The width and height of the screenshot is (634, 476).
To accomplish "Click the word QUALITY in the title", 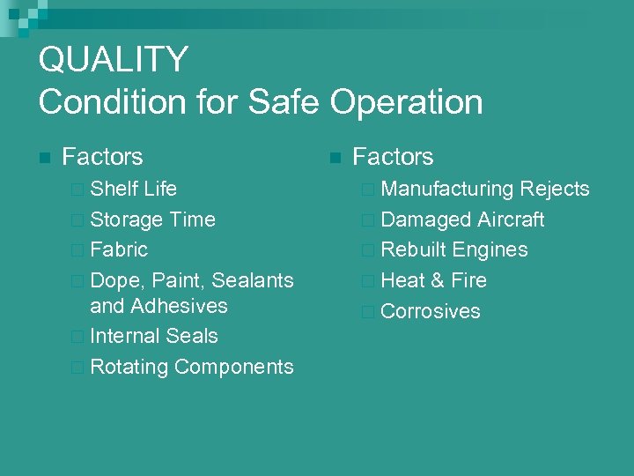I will (x=114, y=60).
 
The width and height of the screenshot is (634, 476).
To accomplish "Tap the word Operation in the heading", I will (x=408, y=102).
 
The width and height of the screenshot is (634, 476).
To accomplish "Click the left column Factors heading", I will (x=102, y=157).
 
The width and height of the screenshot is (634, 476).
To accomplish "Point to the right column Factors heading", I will (x=393, y=157).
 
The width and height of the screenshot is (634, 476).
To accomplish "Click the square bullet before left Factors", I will (x=45, y=159).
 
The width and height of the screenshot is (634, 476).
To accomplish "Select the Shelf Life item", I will (x=133, y=189).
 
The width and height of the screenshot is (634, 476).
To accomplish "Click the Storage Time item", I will (x=152, y=219).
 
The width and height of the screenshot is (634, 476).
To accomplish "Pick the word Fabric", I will (x=119, y=249).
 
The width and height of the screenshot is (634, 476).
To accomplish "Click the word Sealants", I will (x=254, y=280).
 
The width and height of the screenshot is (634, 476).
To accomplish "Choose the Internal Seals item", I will (x=154, y=336).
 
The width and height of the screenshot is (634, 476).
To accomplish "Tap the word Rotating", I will (x=129, y=367).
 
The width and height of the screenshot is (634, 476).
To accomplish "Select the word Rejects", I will (x=555, y=189).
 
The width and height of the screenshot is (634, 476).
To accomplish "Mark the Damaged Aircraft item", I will (x=462, y=219).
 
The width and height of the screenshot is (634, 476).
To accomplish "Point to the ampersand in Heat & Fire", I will (x=438, y=280).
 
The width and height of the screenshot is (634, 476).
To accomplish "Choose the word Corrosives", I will (x=431, y=311).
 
